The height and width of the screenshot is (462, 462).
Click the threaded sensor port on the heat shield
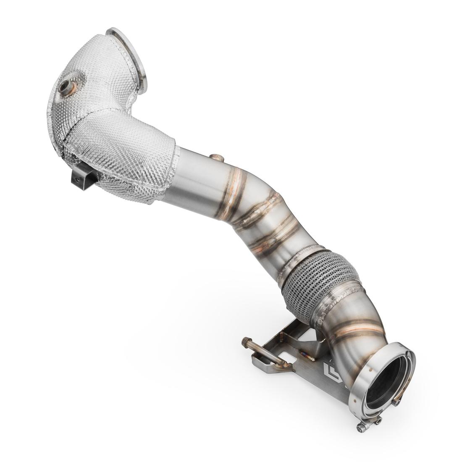67,87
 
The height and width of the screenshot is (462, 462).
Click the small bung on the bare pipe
217,157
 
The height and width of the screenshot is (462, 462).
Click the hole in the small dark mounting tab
76,178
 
